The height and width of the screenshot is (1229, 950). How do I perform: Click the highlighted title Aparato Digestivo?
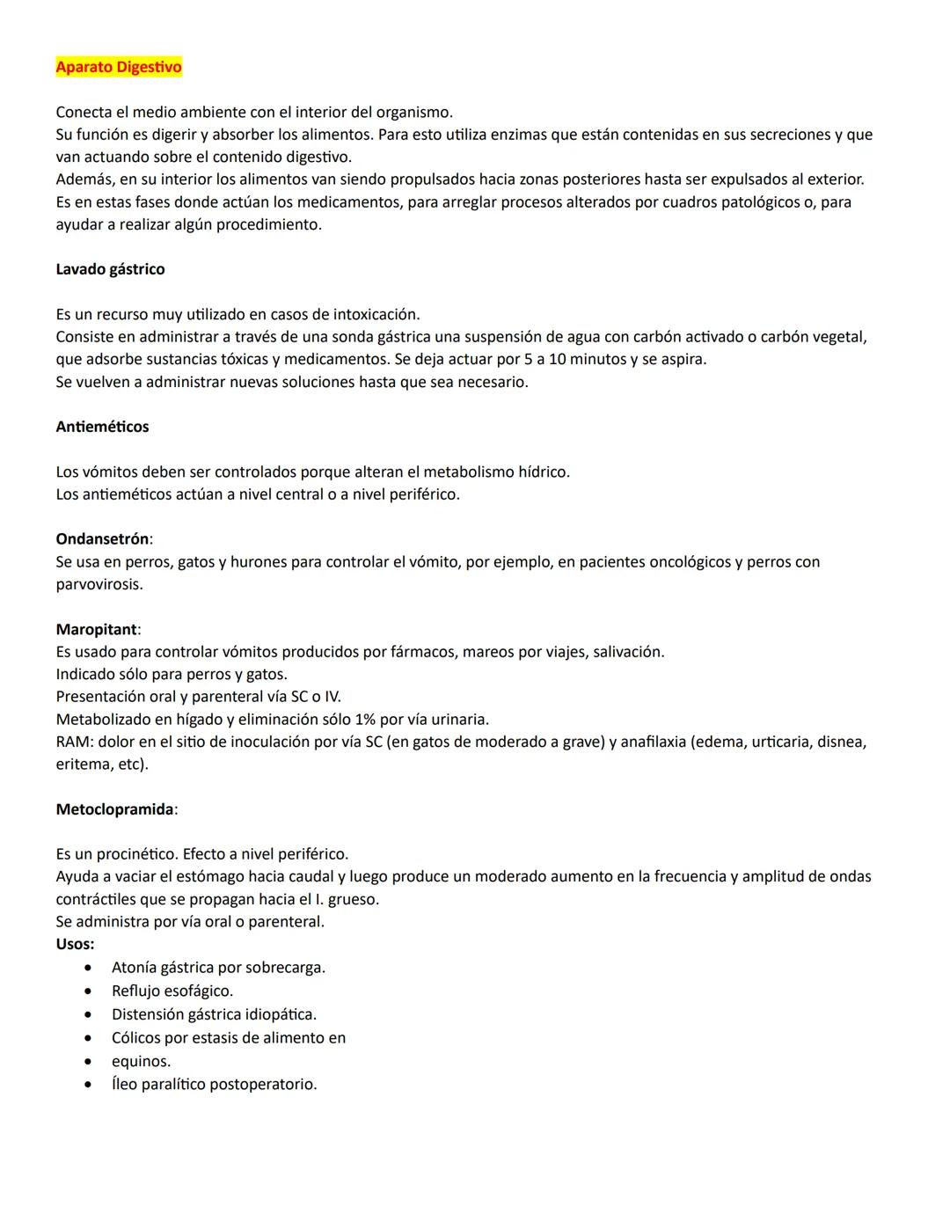(119, 67)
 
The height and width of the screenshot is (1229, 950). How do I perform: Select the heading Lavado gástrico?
(110, 269)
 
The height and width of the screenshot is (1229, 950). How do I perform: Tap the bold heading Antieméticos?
(102, 427)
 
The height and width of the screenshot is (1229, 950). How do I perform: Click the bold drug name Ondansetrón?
(102, 538)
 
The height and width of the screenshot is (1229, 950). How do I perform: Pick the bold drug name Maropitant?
(97, 629)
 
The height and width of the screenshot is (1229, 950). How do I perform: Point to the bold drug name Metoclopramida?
(114, 808)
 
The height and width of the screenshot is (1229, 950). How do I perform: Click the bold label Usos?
(74, 944)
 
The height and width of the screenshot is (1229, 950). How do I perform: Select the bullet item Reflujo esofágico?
(172, 991)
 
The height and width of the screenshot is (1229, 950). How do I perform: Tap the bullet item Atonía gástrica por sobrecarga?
(218, 967)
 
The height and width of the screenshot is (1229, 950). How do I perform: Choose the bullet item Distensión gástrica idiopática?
(214, 1014)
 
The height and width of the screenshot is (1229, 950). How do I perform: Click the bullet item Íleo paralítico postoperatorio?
(214, 1084)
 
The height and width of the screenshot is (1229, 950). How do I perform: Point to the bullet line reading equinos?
(141, 1061)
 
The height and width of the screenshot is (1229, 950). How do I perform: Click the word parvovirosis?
(99, 584)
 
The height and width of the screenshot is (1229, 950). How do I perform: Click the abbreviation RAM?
(73, 742)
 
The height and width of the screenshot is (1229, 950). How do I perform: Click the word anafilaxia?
(653, 742)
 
